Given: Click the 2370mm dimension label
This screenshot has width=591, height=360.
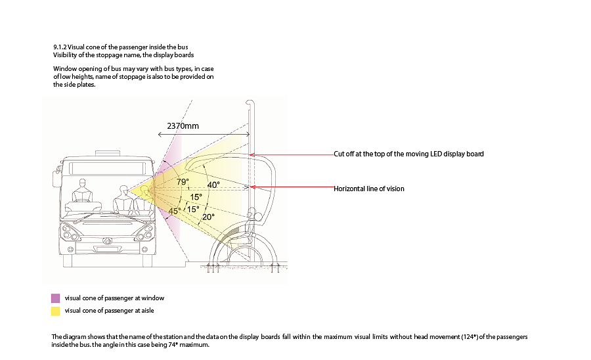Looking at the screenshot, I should click(x=183, y=125).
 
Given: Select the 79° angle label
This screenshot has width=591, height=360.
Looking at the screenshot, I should click(x=183, y=182).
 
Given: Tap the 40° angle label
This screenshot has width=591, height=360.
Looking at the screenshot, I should click(x=213, y=185).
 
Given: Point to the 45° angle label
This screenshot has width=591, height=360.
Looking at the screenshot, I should click(x=175, y=211).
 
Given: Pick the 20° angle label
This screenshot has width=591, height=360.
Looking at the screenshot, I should click(x=208, y=217).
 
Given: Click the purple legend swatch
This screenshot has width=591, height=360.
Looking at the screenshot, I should click(x=56, y=298).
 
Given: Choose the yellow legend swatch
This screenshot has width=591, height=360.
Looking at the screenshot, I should click(x=56, y=310).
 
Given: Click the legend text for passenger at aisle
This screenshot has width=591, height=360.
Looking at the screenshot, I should click(x=110, y=310).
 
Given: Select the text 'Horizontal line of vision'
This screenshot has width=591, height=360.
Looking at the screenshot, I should click(x=369, y=189).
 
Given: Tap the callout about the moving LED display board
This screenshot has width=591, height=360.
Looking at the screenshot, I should click(x=409, y=154).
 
